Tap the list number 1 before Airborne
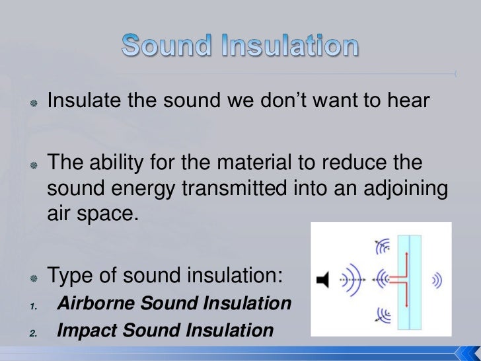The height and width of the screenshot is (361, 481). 32,305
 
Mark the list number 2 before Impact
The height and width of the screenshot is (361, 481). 32,331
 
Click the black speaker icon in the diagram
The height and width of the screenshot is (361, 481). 322,280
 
